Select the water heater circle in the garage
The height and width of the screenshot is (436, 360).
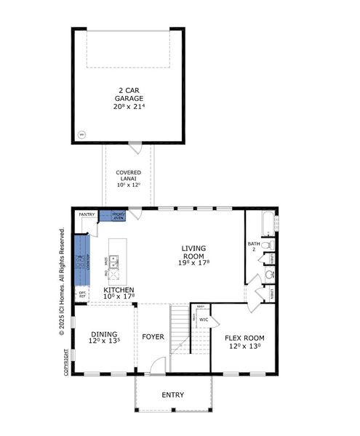(x=81, y=134)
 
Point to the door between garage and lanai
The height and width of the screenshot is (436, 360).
(x=135, y=148)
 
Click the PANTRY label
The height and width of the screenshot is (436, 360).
(x=87, y=214)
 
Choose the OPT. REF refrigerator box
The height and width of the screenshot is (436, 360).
(x=82, y=294)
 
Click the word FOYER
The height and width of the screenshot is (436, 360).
(x=153, y=337)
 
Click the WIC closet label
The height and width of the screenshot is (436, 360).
(x=204, y=319)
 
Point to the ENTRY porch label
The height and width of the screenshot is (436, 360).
(x=172, y=395)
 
